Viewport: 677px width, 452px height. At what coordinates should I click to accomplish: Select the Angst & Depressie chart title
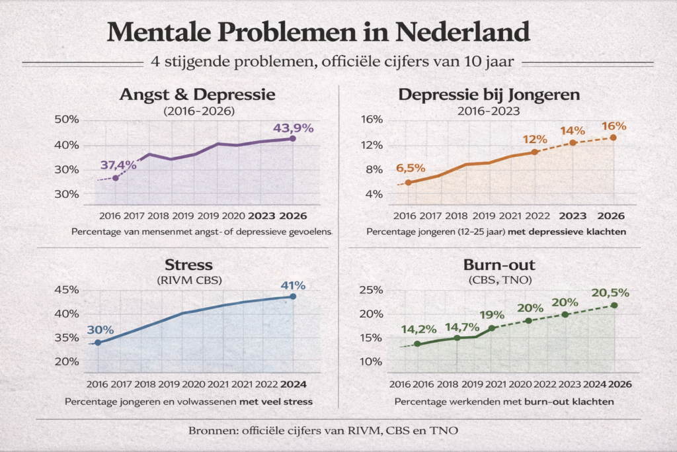(197, 95)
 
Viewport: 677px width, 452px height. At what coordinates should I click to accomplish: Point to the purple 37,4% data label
(118, 165)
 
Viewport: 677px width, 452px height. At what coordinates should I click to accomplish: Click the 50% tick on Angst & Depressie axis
(67, 120)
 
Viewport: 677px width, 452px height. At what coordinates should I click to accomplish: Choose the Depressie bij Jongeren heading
(489, 95)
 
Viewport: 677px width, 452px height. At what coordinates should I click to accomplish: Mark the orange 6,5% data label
(411, 168)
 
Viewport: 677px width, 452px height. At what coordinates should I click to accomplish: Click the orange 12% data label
(534, 140)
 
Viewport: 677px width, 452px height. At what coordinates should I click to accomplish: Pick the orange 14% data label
(573, 131)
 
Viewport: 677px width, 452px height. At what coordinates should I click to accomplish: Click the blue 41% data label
(293, 286)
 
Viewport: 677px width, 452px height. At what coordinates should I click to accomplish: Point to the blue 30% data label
(100, 330)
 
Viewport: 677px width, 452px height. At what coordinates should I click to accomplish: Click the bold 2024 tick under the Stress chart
(294, 384)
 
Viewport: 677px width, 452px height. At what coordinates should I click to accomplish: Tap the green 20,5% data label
(610, 293)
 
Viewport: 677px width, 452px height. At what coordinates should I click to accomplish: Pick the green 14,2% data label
(419, 330)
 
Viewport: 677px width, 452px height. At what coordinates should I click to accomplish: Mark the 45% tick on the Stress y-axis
(67, 290)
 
